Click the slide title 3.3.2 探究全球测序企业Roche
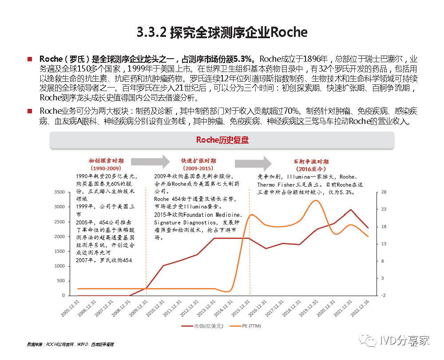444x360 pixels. tap(222, 32)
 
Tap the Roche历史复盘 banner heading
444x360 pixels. tap(222, 140)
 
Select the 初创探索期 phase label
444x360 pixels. tap(106, 161)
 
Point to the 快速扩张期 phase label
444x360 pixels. tap(198, 161)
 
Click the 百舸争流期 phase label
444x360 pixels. tap(311, 161)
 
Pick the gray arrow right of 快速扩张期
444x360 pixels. tap(259, 164)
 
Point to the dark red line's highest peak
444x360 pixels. tap(351, 209)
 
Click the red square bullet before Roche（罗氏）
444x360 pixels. tap(30, 59)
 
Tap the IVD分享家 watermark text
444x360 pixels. tap(404, 340)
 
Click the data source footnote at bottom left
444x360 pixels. tap(70, 344)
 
